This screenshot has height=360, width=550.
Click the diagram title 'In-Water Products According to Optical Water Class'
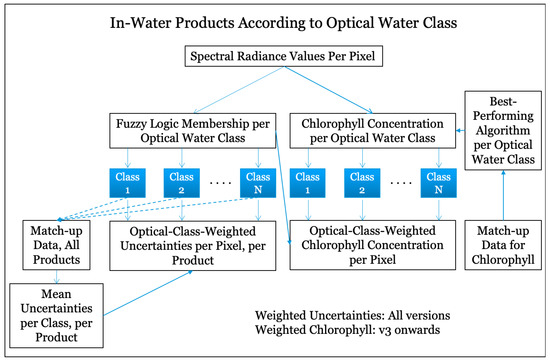[x=275, y=24]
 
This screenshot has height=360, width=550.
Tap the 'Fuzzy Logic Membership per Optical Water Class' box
[x=191, y=129]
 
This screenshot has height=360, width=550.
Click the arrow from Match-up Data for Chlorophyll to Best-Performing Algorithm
[x=505, y=190]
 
